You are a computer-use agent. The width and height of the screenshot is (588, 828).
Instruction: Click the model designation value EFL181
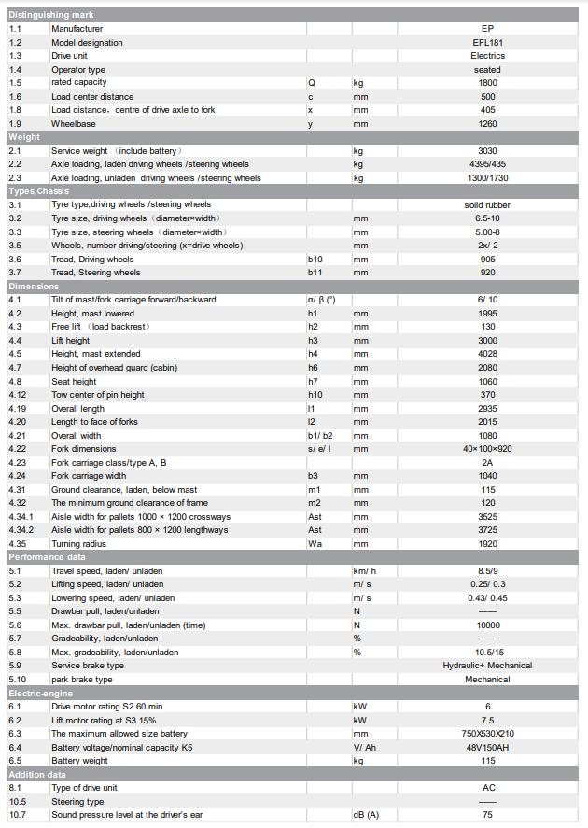[487, 43]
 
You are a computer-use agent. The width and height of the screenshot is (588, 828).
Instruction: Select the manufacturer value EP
[487, 29]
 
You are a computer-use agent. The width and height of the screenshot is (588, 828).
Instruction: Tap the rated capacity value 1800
[487, 83]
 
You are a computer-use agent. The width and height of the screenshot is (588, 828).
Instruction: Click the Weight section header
[24, 137]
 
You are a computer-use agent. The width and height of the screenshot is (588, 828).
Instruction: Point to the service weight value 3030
[487, 151]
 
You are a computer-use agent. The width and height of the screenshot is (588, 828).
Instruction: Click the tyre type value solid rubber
[487, 205]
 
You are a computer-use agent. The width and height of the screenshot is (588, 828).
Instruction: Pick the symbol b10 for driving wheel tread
[315, 260]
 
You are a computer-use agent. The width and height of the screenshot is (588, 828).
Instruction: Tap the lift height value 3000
[487, 341]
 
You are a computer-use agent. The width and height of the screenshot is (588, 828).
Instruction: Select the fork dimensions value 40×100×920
[487, 449]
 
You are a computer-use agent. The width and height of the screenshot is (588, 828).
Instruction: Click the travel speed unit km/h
[365, 571]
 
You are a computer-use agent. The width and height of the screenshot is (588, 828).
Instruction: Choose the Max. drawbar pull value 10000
[487, 625]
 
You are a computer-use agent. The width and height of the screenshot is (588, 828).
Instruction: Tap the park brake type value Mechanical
[487, 680]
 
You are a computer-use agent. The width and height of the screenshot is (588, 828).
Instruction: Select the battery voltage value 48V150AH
[487, 748]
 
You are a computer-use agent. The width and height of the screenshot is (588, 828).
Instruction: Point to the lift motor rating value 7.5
[487, 721]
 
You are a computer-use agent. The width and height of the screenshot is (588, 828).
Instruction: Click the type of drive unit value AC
[487, 788]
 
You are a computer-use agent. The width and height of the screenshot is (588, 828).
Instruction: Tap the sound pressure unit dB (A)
[366, 815]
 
